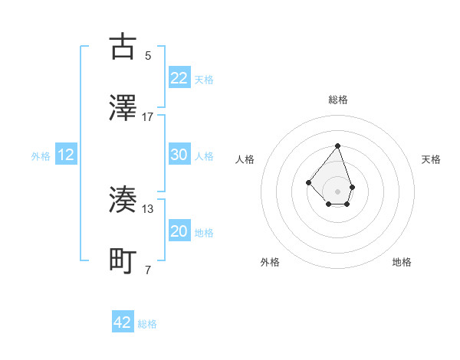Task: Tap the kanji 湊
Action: point(123,200)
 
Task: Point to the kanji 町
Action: point(123,261)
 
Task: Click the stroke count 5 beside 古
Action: point(148,55)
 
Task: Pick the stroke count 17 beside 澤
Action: point(148,117)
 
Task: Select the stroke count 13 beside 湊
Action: point(148,209)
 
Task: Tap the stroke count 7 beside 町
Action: point(148,270)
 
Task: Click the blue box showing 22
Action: point(179,78)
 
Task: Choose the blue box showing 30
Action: point(179,155)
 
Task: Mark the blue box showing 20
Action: point(179,232)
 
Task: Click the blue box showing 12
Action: point(66,155)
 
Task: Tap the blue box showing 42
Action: point(123,322)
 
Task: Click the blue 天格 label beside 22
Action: point(204,80)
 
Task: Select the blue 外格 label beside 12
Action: point(41,156)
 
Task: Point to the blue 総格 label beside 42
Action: point(147,324)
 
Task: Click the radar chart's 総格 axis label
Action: point(337,100)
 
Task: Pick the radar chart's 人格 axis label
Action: point(245,159)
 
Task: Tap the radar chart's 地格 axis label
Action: point(402,262)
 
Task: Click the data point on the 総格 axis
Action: point(337,146)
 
